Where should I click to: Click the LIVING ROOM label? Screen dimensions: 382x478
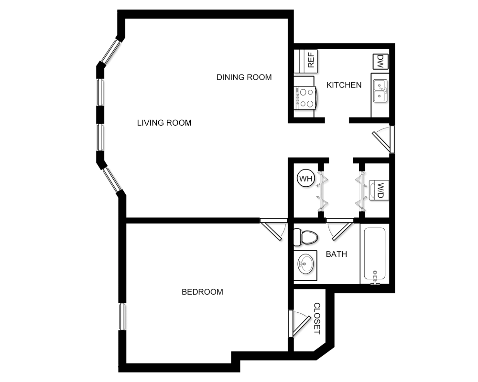point(164,123)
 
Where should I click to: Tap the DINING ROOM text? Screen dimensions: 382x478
point(244,77)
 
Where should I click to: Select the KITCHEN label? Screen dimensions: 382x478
point(344,85)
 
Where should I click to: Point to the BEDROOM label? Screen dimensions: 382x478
point(202,292)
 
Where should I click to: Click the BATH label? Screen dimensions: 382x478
point(336,254)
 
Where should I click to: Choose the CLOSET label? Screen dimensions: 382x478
point(316,318)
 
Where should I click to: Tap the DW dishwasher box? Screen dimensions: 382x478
point(380,61)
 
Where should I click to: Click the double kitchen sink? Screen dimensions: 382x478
point(380,90)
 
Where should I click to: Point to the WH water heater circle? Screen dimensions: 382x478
point(305,179)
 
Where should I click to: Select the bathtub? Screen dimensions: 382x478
point(376,255)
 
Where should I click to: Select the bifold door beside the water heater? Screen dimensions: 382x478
point(323,191)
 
